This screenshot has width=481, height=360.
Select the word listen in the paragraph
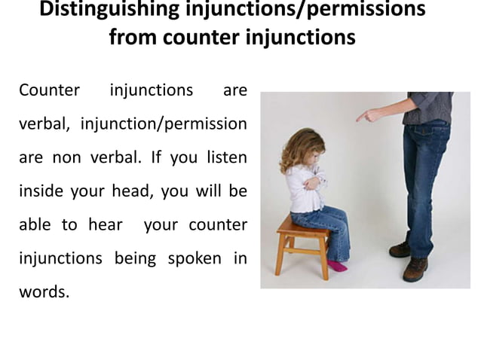(224, 157)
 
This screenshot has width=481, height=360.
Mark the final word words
(44, 291)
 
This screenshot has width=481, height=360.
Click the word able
(35, 224)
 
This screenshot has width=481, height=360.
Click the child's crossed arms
(314, 182)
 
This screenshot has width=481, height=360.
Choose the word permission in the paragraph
(207, 124)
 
